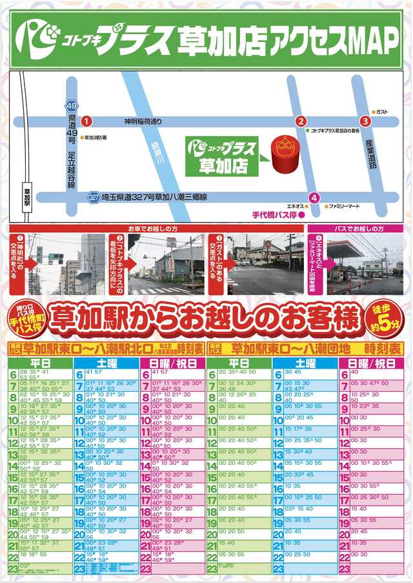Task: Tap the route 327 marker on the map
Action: pos(93,198)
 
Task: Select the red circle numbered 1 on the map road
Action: pos(88,121)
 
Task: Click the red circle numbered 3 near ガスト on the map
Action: pos(365,121)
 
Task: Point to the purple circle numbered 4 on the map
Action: pos(314,198)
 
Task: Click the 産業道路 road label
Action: pos(370,154)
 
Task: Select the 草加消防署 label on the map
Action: pos(95,137)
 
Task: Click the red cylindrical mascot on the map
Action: pos(281,154)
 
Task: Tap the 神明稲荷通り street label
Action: pos(149,121)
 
